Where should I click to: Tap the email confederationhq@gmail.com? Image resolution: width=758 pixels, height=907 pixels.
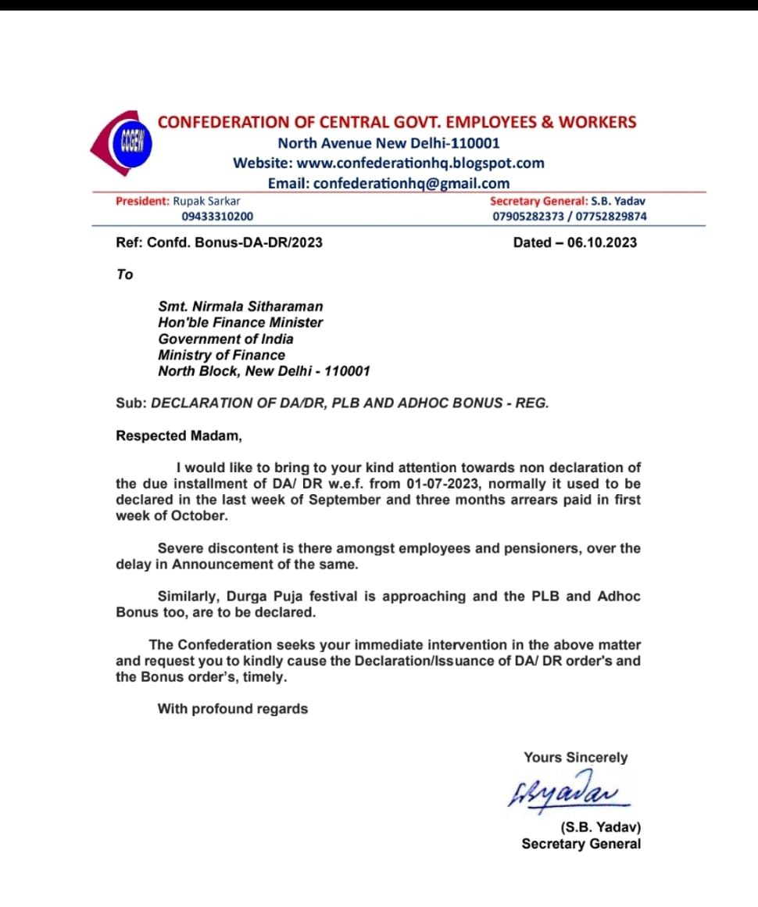411,183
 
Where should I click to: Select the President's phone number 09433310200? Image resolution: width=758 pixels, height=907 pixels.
217,217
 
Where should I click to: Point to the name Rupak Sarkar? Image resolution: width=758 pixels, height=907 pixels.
206,201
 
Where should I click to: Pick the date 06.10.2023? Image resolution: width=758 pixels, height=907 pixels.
602,242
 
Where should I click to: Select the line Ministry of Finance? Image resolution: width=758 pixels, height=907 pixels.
221,355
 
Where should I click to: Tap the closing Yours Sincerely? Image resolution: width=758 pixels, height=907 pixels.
575,757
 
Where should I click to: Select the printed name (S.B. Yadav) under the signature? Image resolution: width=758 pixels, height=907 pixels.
600,827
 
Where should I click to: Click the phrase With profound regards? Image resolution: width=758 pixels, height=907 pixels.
233,709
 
